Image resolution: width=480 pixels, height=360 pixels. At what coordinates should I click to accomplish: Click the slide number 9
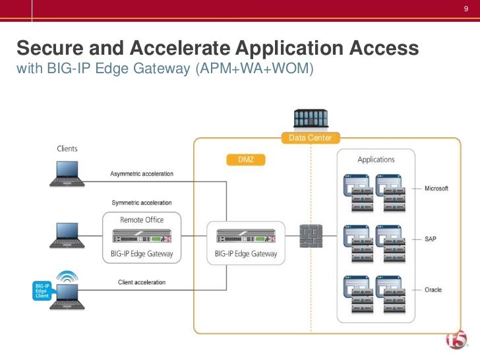(x=465, y=9)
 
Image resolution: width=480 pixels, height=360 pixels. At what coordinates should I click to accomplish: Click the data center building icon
(x=311, y=119)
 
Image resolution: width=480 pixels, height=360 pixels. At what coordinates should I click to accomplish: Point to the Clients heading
(x=67, y=148)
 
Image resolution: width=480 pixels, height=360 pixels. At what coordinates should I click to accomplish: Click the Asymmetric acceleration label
(x=142, y=173)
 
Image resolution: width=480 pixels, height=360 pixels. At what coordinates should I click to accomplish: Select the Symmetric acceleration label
(x=142, y=202)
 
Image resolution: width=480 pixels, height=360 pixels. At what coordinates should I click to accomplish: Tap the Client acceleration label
(x=142, y=282)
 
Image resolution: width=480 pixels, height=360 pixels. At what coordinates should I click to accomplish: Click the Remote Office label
(x=142, y=220)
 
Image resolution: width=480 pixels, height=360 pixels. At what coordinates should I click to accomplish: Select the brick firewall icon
(x=311, y=236)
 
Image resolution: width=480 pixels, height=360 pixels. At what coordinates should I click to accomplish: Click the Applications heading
(x=376, y=160)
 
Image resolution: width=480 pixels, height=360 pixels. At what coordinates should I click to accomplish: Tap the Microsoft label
(x=436, y=189)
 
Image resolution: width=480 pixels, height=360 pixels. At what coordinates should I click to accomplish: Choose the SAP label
(x=430, y=238)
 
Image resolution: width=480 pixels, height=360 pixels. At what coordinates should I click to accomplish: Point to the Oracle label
(x=433, y=290)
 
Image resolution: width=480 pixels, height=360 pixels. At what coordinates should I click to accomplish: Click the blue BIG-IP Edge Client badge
(x=42, y=291)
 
